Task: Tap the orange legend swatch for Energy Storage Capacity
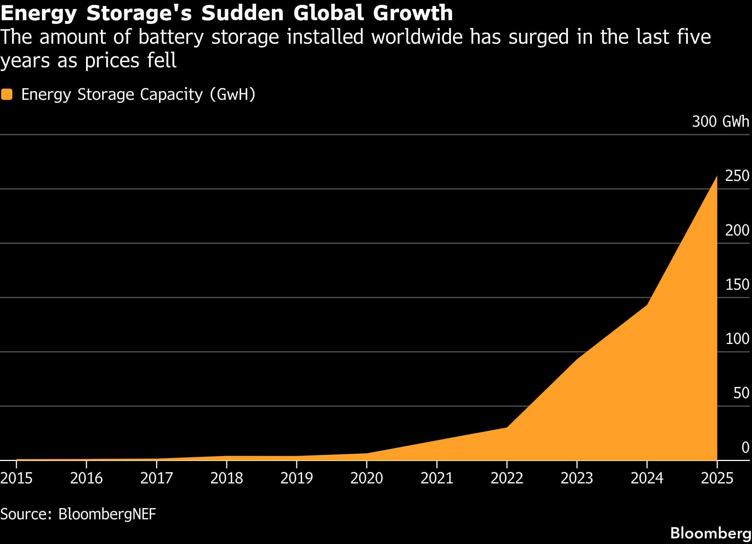point(7,94)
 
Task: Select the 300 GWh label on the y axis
point(721,122)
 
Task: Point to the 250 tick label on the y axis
point(737,176)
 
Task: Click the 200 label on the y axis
point(737,230)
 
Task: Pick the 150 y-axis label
point(737,285)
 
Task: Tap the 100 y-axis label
point(737,339)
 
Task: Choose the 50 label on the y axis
point(741,393)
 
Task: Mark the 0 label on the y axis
point(745,448)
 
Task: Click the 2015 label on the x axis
point(16,478)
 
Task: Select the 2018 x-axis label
point(227,478)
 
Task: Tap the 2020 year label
point(367,478)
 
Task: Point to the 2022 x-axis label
point(507,478)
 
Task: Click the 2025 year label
point(717,478)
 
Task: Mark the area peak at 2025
point(716,176)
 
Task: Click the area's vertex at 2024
point(647,305)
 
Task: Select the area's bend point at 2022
point(507,427)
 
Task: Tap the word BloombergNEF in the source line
point(107,514)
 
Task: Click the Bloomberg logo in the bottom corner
point(710,533)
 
